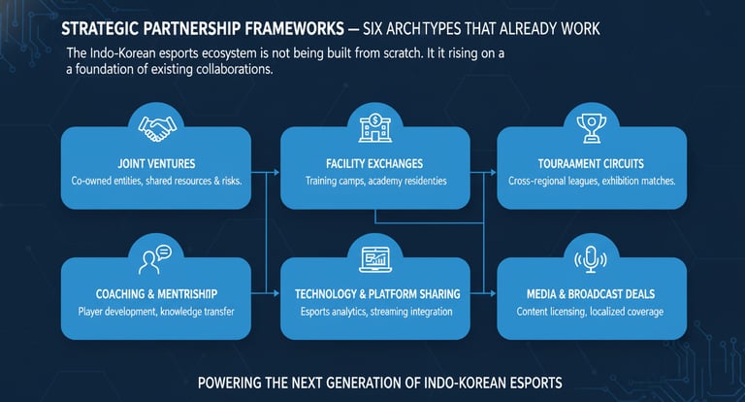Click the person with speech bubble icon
[x=155, y=259]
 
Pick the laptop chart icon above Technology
[x=375, y=259]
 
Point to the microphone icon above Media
[x=591, y=259]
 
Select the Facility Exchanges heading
[x=375, y=163]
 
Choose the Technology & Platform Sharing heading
[x=376, y=293]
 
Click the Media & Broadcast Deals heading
[x=591, y=293]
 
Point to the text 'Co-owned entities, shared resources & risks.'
[x=156, y=181]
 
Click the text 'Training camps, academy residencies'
[x=375, y=181]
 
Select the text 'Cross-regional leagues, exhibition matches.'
[x=591, y=181]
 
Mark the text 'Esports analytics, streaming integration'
[x=375, y=312]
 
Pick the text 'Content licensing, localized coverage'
[x=591, y=312]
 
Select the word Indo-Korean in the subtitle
[x=127, y=53]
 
